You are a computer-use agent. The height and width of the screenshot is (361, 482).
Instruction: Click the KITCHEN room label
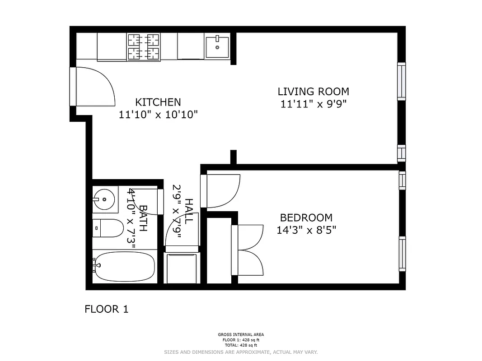158,102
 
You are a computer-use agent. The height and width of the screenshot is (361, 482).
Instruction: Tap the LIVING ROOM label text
313,92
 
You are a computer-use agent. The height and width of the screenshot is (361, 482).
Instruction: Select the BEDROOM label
306,218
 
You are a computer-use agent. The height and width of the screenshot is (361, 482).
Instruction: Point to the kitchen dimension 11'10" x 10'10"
158,115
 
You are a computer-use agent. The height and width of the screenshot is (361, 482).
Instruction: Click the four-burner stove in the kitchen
144,47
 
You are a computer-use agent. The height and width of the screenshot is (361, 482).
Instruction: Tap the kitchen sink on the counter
217,46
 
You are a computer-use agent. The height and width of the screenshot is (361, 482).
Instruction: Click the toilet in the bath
108,228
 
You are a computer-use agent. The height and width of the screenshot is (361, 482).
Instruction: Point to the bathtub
125,266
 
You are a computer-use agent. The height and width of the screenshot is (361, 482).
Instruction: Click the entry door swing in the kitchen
93,86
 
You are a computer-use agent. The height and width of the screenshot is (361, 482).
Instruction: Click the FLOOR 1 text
107,309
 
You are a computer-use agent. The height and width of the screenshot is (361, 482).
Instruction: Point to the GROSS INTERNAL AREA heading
241,335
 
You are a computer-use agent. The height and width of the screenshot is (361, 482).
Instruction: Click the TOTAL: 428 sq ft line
241,344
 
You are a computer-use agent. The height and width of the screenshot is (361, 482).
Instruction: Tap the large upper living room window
401,81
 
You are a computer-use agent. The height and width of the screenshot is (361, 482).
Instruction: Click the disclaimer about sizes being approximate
241,352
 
